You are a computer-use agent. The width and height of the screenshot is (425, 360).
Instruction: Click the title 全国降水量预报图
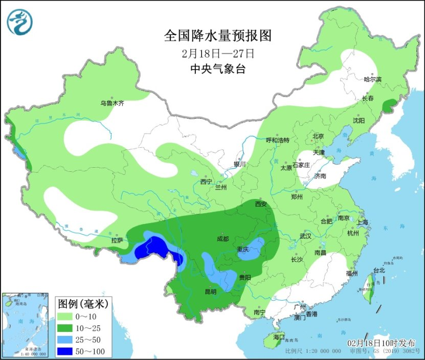(217, 36)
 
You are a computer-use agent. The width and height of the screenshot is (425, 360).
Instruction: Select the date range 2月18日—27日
(217, 53)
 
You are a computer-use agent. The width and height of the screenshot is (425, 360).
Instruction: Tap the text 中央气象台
(217, 69)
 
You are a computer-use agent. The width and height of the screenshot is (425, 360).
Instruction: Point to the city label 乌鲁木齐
(112, 103)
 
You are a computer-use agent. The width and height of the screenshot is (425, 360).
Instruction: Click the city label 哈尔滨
(373, 79)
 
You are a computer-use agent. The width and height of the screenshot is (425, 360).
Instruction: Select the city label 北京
(318, 136)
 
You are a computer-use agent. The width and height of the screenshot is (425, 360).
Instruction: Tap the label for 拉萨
(117, 240)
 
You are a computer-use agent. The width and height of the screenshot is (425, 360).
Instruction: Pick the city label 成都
(222, 238)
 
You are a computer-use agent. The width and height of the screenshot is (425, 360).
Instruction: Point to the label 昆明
(210, 291)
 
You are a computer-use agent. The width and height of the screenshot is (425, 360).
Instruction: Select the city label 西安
(261, 205)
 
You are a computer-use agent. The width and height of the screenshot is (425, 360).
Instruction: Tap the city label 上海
(363, 222)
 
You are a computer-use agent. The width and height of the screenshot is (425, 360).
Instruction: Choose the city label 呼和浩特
(278, 140)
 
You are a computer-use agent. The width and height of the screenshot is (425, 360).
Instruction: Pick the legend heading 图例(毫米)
(82, 304)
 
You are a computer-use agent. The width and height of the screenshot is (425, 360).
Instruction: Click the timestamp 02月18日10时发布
(381, 343)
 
